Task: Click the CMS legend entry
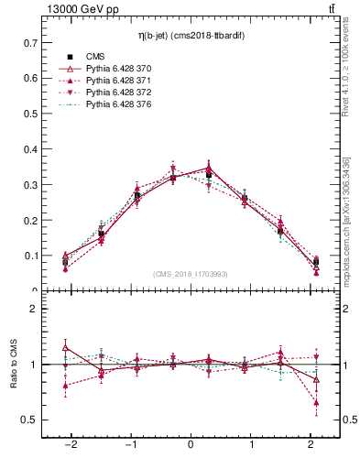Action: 94,57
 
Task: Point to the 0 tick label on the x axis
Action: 191,444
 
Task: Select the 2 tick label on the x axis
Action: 311,444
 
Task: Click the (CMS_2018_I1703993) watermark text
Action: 191,274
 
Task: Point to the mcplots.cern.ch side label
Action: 346,220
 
